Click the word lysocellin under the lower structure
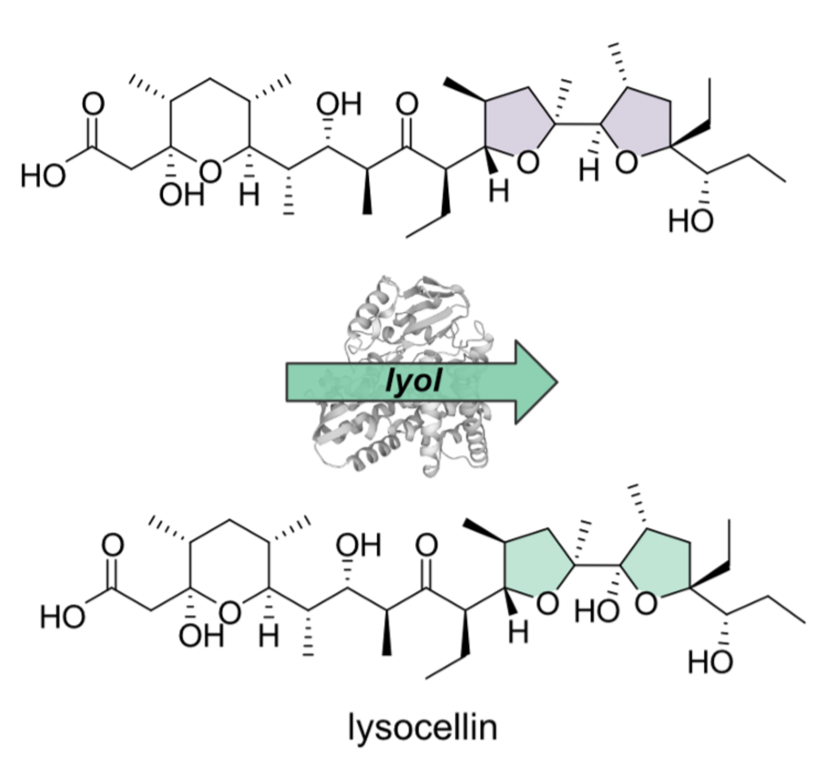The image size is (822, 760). [422, 727]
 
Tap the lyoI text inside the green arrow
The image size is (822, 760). [413, 381]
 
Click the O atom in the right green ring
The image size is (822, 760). [646, 603]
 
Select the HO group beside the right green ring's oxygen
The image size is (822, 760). [596, 611]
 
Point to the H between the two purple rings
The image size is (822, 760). [589, 170]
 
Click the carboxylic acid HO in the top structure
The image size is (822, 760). [43, 176]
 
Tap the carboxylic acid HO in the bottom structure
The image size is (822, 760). [62, 617]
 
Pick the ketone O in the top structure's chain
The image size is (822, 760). [407, 104]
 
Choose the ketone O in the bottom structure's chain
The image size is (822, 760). [427, 545]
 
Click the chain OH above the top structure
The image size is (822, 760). [339, 104]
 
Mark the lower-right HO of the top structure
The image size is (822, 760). [691, 221]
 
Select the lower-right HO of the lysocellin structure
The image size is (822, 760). [710, 662]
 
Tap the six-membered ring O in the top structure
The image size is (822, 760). [210, 172]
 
